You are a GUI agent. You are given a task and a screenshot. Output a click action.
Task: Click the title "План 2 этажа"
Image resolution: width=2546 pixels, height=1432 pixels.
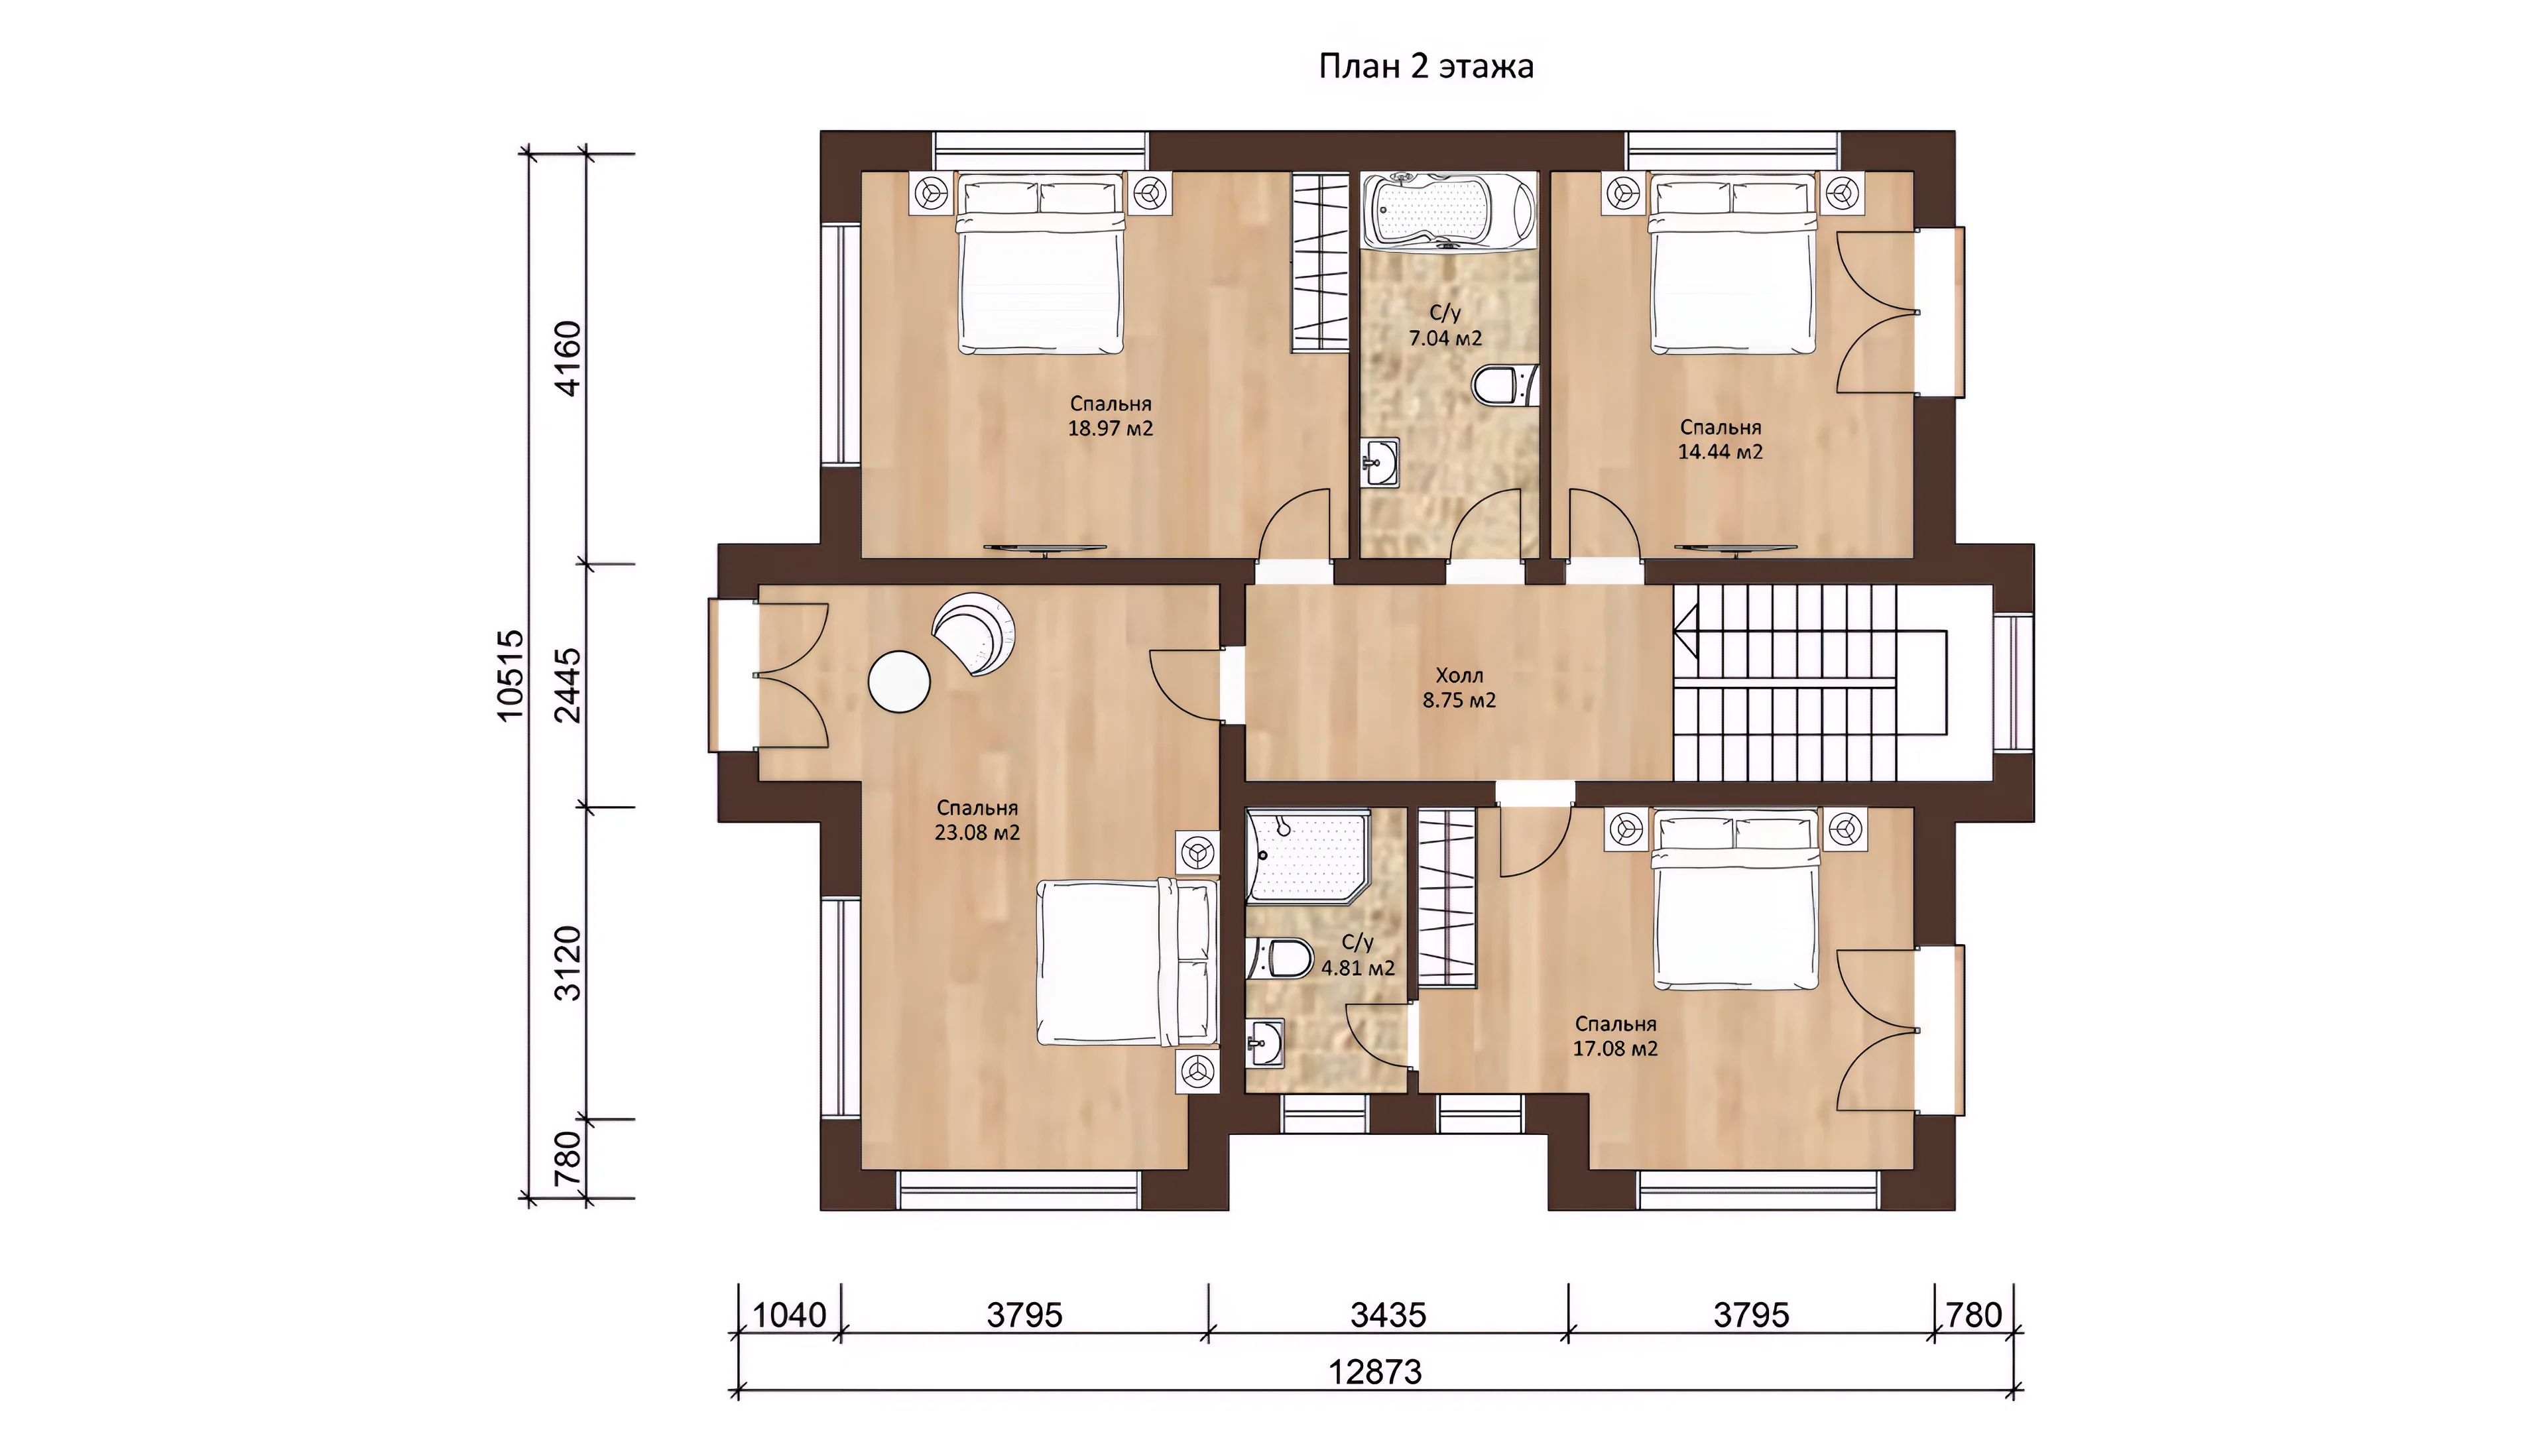[x=1426, y=66]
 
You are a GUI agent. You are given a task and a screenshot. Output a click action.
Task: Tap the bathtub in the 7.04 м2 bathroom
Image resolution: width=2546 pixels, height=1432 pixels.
[x=1449, y=211]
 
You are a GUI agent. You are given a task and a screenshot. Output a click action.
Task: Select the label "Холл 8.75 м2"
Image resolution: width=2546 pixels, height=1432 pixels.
[x=1459, y=688]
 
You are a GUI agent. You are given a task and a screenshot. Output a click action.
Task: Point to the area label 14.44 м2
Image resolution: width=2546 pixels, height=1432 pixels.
[x=1721, y=451]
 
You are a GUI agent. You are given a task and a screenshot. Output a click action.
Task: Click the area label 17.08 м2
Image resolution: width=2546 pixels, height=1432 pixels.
[x=1615, y=1049]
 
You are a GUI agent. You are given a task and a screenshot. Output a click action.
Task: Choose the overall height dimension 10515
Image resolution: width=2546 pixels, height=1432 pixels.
[x=511, y=676]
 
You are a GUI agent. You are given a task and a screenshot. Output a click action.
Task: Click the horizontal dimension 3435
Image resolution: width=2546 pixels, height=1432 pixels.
[x=1388, y=1315]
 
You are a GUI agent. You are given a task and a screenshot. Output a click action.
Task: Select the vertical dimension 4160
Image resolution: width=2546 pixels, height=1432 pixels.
[x=570, y=358]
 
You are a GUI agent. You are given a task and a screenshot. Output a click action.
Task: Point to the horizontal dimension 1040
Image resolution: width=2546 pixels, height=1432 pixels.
[x=790, y=1315]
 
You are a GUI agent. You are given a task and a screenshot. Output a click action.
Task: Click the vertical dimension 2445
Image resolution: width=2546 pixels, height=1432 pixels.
[x=570, y=685]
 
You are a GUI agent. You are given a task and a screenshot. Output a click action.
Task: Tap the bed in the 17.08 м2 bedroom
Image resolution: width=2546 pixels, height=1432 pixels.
[x=1736, y=900]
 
